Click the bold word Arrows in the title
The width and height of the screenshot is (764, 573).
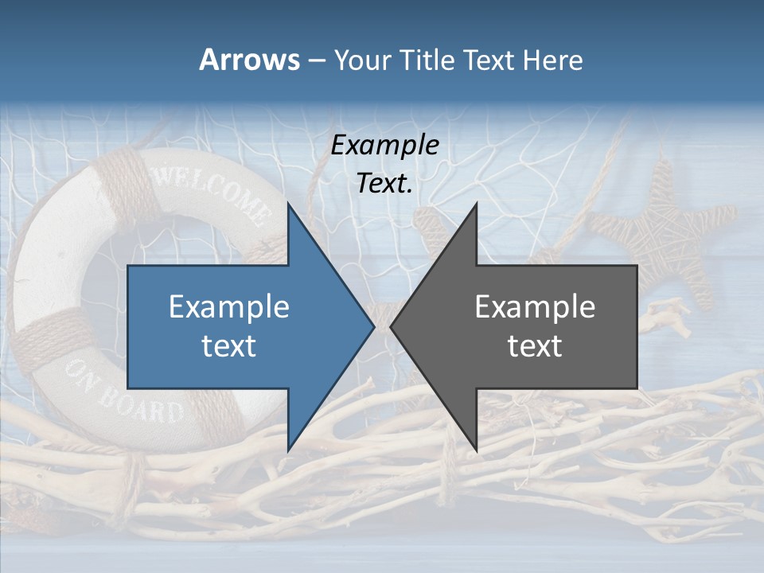coord(250,60)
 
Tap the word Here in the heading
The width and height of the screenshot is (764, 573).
coord(552,60)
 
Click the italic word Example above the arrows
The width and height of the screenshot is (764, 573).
coord(384,146)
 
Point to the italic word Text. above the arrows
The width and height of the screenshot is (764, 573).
coord(384,184)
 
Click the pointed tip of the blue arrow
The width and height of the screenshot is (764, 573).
coord(374,326)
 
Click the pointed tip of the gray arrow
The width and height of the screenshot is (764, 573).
coord(391,326)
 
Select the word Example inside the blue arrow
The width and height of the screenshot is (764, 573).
coord(229,307)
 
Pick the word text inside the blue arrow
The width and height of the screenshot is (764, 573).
coord(229,346)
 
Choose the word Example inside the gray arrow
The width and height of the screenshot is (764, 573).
coord(535,307)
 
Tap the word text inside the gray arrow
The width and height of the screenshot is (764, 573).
coord(535,346)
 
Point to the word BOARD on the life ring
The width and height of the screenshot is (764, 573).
coord(152,407)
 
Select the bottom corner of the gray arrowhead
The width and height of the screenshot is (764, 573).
coord(477,450)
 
